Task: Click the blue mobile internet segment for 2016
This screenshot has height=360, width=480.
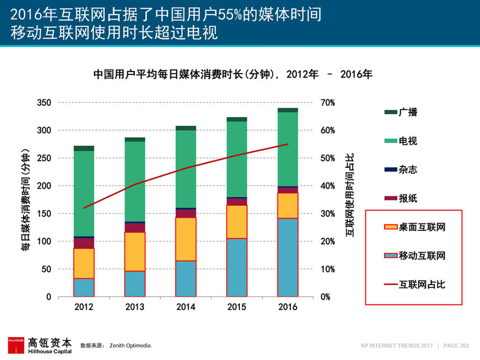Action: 288,257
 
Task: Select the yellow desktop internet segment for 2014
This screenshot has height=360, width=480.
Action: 186,239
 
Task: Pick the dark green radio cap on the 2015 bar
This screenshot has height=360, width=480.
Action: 237,119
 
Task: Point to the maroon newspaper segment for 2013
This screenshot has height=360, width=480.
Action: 135,228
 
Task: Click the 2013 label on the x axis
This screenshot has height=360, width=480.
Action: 135,307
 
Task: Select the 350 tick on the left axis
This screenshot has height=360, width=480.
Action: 45,103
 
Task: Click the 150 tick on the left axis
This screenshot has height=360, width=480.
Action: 45,214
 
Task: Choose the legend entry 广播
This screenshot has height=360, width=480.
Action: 407,112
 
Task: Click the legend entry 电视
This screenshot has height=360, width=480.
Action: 407,141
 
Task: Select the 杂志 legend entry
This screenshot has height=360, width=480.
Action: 407,170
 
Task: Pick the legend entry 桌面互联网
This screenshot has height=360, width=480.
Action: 421,227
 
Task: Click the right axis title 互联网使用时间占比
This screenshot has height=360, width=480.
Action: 350,195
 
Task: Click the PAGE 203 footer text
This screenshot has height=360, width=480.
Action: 456,346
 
